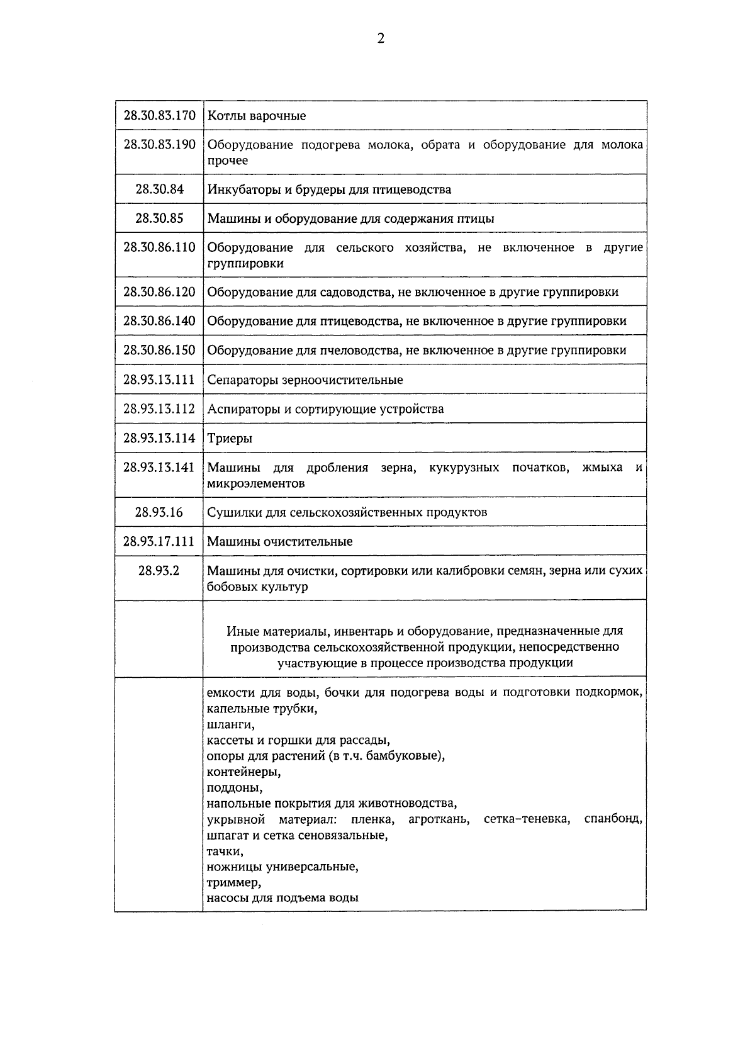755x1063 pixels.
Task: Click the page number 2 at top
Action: pos(380,39)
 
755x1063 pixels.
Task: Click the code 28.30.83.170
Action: pos(159,116)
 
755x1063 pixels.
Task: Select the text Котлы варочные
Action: pos(257,116)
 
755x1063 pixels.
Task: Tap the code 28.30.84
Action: pos(159,189)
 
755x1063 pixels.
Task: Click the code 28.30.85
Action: pos(159,218)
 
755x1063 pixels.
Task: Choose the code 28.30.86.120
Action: pos(159,292)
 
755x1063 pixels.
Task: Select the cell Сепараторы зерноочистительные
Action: pos(305,380)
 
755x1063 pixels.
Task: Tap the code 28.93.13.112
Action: pos(159,409)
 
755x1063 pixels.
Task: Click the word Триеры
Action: pos(230,439)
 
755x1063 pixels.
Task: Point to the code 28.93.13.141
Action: pos(159,467)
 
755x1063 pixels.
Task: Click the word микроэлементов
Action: pos(255,484)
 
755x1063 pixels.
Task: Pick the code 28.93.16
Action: pos(159,512)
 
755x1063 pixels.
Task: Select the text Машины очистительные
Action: pos(280,542)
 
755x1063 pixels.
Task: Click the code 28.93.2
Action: pos(159,571)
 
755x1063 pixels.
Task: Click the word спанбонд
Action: pos(612,819)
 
